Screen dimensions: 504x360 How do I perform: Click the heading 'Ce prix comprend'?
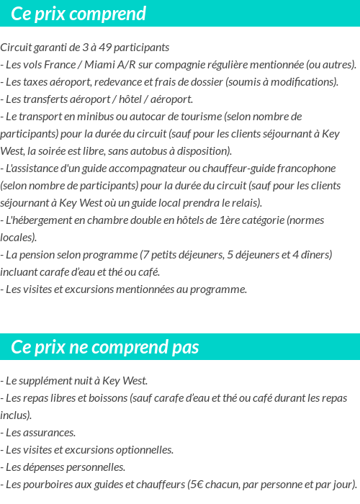pyautogui.click(x=78, y=14)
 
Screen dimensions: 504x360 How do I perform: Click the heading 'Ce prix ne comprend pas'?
pyautogui.click(x=104, y=348)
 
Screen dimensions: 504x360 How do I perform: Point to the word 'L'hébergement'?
pyautogui.click(x=37, y=220)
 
